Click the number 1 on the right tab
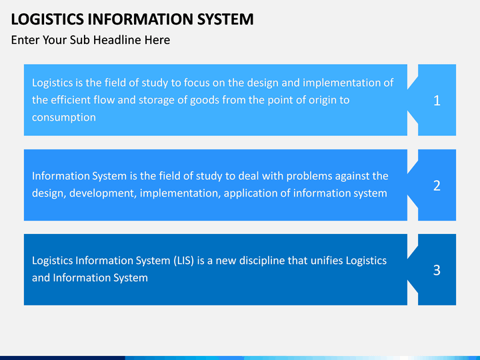437,101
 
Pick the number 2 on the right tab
437,185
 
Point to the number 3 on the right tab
437,270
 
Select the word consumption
64,117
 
